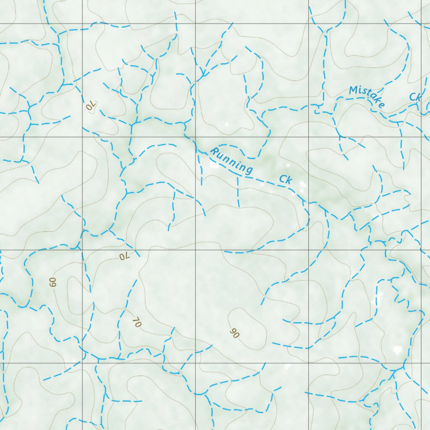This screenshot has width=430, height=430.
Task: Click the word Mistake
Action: point(367,97)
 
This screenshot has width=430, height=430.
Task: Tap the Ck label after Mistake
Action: point(415,97)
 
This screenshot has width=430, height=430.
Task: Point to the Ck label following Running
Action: point(286,180)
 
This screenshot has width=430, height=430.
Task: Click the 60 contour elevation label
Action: point(52,282)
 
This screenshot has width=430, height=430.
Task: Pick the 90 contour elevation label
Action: point(234,333)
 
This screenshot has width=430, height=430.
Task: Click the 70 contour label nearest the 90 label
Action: point(136,322)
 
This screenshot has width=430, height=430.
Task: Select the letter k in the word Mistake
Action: point(375,100)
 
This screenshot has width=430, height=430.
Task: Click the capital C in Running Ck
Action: point(283,179)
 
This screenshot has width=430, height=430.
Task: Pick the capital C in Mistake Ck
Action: point(413,97)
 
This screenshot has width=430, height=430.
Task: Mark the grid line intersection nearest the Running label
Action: point(196,137)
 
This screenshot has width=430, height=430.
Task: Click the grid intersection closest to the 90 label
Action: point(196,363)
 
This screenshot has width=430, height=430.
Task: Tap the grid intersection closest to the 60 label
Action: point(82,250)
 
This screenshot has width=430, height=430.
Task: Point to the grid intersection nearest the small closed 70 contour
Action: point(82,137)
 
